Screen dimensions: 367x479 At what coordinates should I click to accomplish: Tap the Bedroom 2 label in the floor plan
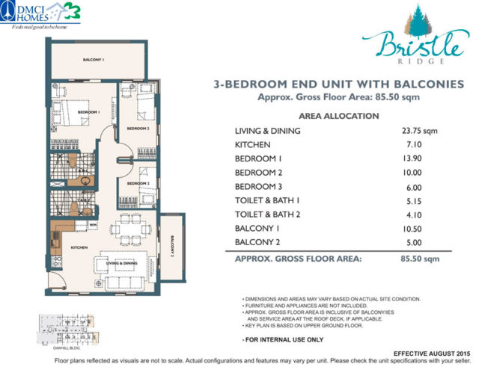pos(138,129)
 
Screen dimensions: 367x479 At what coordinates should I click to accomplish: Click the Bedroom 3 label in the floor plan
pos(138,183)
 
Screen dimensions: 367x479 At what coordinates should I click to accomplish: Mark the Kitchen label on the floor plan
pos(80,247)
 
